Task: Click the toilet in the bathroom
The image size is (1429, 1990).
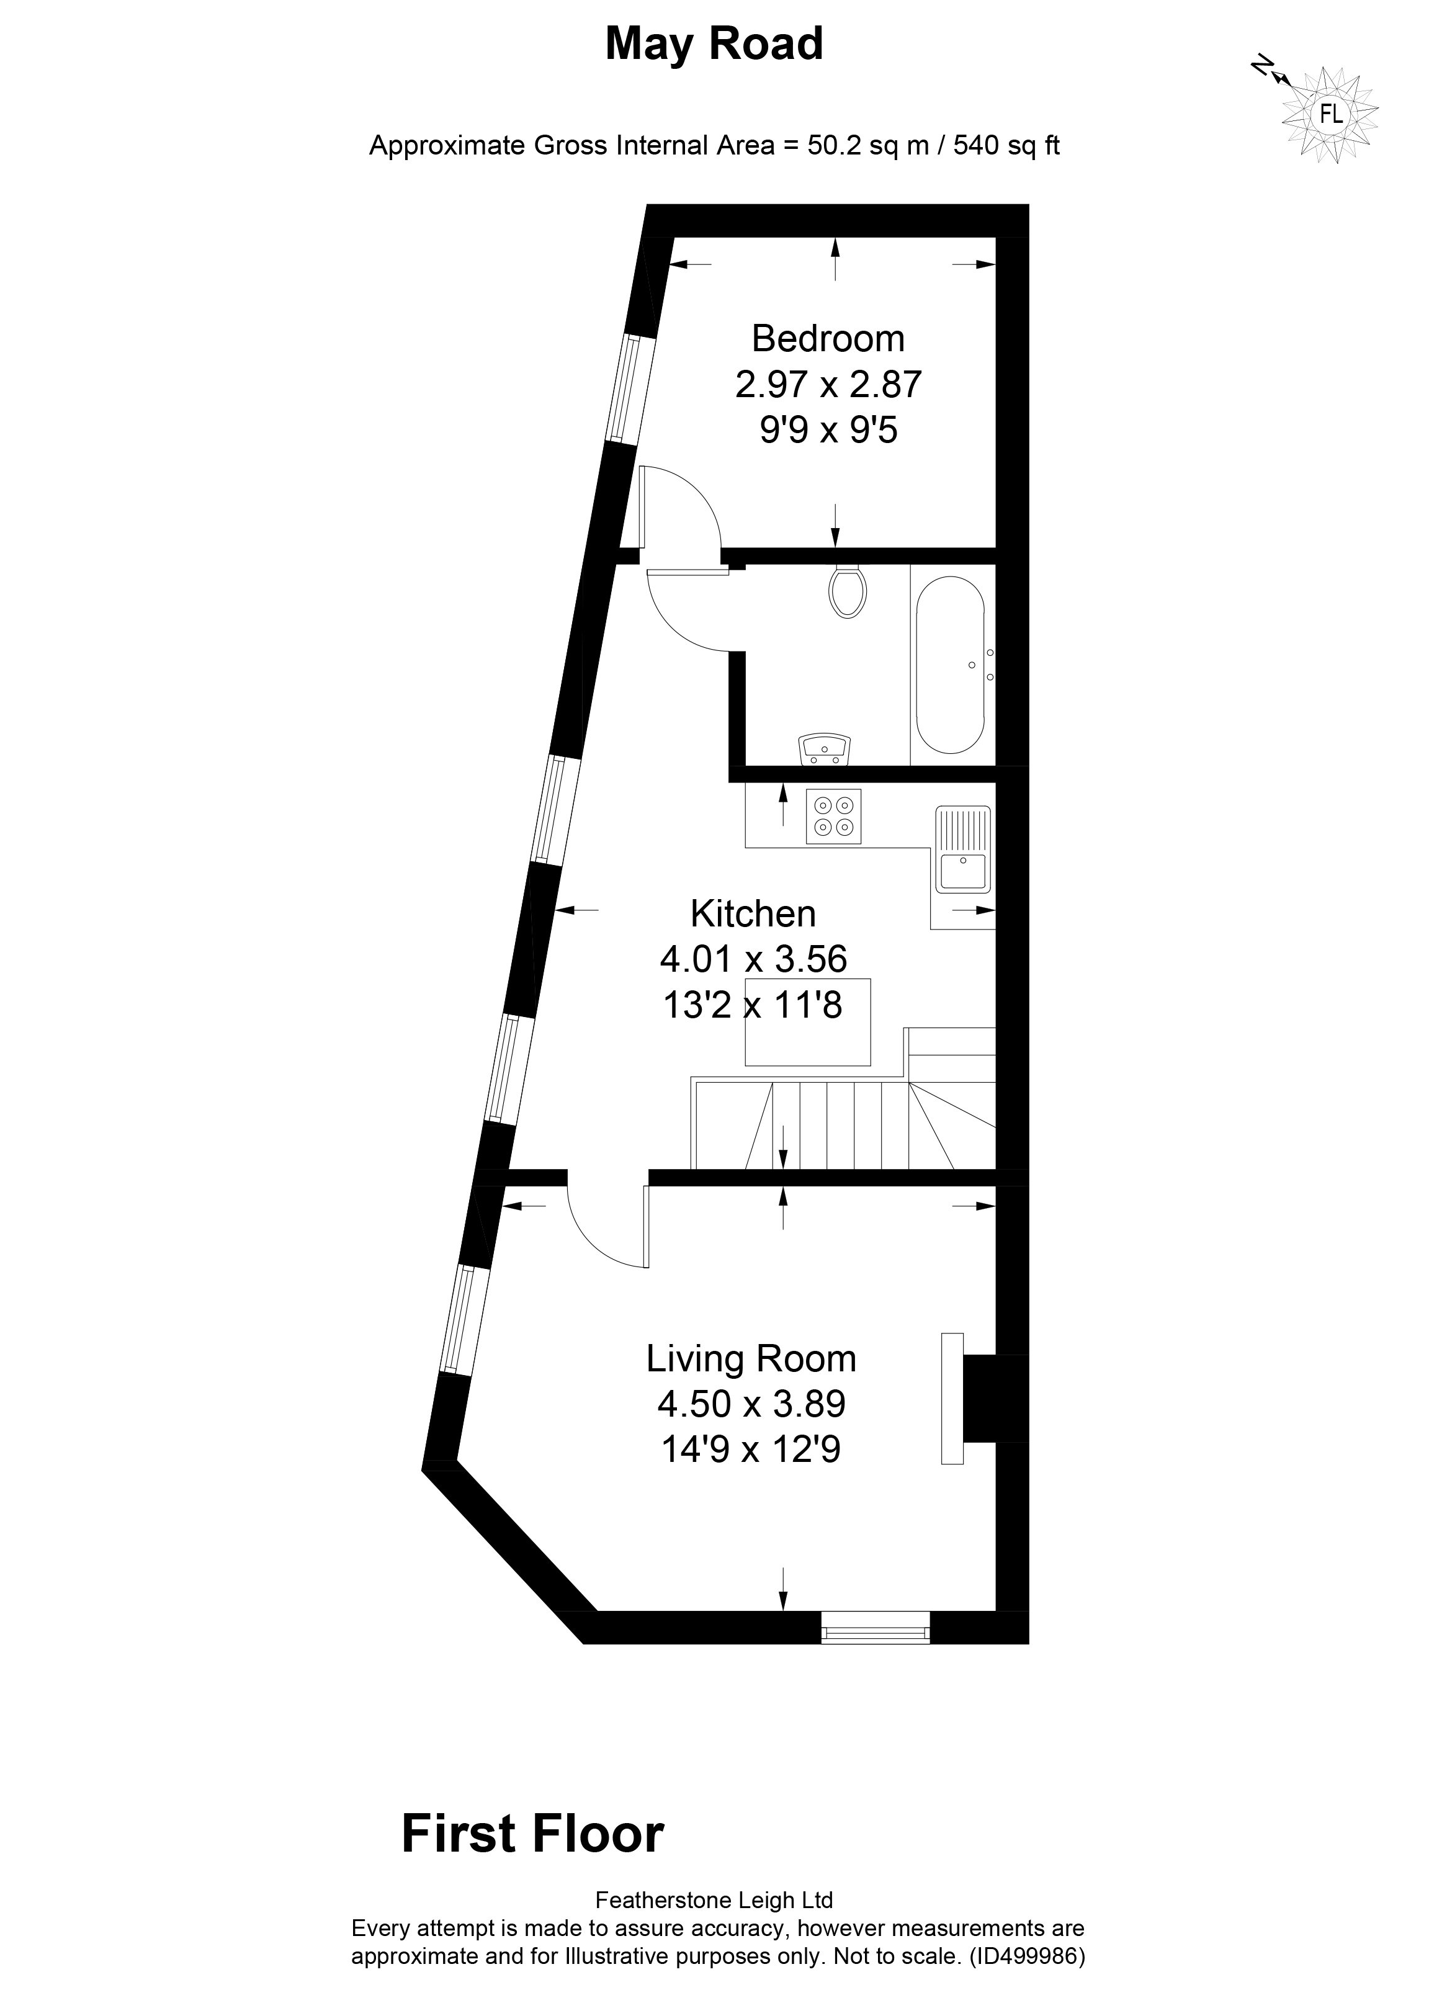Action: (848, 591)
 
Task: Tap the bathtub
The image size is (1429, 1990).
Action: (952, 663)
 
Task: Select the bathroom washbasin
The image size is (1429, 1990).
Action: (825, 750)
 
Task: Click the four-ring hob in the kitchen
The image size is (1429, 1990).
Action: (833, 816)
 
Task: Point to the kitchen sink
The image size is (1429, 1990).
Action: (963, 848)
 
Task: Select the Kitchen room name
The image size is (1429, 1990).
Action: (753, 913)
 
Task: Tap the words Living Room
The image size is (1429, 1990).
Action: (751, 1358)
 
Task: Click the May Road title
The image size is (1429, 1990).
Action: (714, 44)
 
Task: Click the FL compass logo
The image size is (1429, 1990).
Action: (1330, 115)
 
